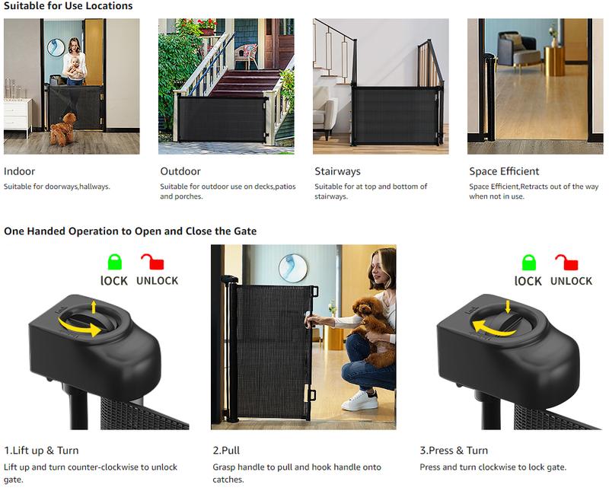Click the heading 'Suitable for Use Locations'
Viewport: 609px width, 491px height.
tap(68, 6)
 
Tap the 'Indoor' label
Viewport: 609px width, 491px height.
tap(20, 171)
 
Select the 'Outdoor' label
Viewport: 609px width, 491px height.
tap(180, 171)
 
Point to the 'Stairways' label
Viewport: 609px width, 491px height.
tap(337, 171)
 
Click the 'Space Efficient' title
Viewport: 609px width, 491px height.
tap(504, 171)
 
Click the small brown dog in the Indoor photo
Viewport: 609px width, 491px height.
tap(64, 129)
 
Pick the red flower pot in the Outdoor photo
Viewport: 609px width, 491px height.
tap(206, 31)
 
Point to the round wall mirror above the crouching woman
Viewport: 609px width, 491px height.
tap(292, 268)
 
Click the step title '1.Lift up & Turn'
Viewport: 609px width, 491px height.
tap(41, 450)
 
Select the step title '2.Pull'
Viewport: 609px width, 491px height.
tap(226, 450)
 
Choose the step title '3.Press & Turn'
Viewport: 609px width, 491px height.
tap(454, 450)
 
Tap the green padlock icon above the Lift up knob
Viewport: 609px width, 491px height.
tap(115, 263)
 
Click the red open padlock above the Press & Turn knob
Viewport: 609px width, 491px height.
tap(566, 263)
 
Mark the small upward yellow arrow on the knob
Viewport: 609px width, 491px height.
tap(94, 307)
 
